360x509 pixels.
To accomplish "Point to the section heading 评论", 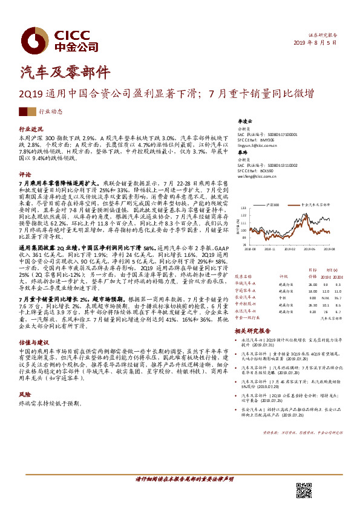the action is point(25,173).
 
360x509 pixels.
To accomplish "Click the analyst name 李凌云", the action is point(243,122).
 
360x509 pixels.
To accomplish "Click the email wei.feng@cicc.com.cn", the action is point(256,177).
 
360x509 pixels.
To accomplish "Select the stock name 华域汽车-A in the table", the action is point(244,284).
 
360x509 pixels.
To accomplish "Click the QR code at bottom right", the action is point(304,490).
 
